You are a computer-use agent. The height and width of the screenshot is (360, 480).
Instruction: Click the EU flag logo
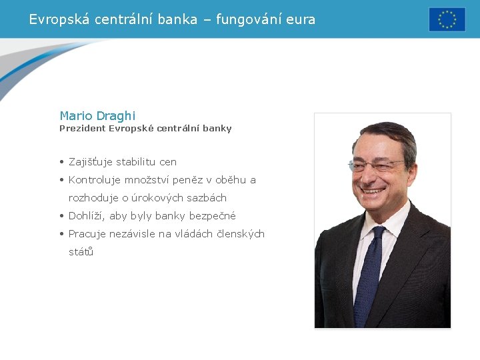pos(447,19)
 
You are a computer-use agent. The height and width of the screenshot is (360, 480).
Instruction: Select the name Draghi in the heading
pos(116,116)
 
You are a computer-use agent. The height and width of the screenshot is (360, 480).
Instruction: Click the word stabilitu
pos(137,162)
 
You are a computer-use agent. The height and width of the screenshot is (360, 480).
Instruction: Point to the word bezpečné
pos(213,216)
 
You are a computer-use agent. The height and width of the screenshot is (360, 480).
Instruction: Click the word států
pos(81,252)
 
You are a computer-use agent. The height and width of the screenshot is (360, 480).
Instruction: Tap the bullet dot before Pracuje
pos(61,234)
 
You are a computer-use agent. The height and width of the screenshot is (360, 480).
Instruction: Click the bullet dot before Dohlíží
pos(61,216)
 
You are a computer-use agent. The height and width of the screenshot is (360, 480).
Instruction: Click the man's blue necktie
pos(369,273)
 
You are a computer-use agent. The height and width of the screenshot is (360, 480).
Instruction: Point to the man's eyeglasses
pos(377,165)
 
